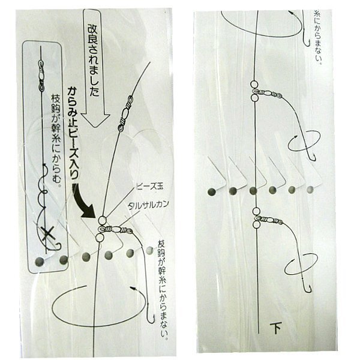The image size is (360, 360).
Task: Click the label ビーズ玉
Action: (x=149, y=186)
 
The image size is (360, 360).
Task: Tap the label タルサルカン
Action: (x=148, y=205)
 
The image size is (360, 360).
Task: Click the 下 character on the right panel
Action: (x=276, y=328)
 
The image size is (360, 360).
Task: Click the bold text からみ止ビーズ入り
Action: (x=74, y=133)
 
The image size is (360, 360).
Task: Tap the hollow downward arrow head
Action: (x=95, y=119)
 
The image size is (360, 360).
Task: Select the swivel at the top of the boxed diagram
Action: (x=41, y=76)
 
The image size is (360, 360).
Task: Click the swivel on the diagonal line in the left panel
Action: (x=125, y=113)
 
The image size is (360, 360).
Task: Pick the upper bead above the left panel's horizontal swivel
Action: (x=102, y=220)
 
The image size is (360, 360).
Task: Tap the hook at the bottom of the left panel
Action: (x=151, y=314)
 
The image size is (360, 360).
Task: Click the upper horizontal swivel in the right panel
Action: (x=267, y=93)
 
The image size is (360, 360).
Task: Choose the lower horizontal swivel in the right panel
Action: (x=268, y=220)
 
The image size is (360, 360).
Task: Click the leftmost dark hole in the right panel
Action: (x=211, y=192)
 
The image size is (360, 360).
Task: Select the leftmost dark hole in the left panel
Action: (x=39, y=262)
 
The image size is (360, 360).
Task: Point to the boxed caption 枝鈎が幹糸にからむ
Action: (x=56, y=141)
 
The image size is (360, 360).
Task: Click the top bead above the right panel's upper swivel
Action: (x=254, y=83)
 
